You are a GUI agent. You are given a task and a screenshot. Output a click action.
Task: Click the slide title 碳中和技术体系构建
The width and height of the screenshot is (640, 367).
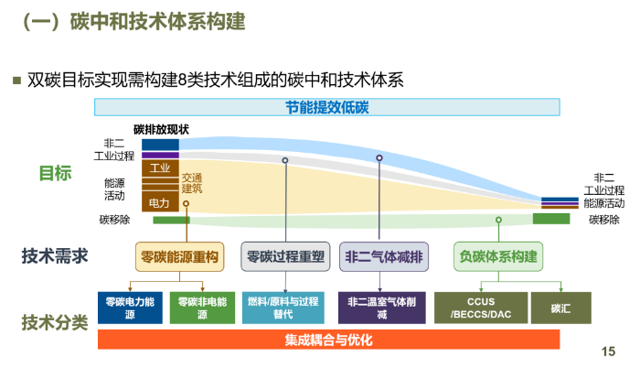(x=134, y=22)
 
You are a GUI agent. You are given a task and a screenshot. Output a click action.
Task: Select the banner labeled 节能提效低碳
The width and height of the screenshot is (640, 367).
(x=326, y=107)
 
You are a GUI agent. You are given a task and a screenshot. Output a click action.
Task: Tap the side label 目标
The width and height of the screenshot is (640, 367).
(x=55, y=173)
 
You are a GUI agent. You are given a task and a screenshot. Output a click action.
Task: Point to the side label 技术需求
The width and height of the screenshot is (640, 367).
(x=55, y=256)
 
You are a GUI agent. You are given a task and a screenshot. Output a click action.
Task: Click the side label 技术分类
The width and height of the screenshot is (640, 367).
(x=55, y=322)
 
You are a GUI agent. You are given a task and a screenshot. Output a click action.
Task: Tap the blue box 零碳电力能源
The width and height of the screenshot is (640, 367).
(x=130, y=308)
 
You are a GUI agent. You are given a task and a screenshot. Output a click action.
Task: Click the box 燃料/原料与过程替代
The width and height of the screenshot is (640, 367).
(x=283, y=308)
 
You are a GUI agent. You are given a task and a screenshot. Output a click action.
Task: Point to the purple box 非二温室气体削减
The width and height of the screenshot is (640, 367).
(x=381, y=308)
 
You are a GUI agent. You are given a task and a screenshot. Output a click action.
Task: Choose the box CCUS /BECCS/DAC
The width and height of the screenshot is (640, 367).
(x=481, y=308)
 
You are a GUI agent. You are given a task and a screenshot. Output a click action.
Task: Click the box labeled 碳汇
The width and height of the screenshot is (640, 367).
(x=560, y=308)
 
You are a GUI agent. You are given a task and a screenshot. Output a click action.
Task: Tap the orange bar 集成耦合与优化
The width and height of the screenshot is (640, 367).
(x=328, y=340)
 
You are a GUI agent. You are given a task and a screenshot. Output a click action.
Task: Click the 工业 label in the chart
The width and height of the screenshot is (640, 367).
(x=160, y=168)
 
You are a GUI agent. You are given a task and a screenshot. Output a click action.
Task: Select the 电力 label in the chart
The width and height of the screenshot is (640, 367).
(x=159, y=202)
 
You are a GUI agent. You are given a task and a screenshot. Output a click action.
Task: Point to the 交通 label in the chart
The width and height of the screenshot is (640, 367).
(x=192, y=178)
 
